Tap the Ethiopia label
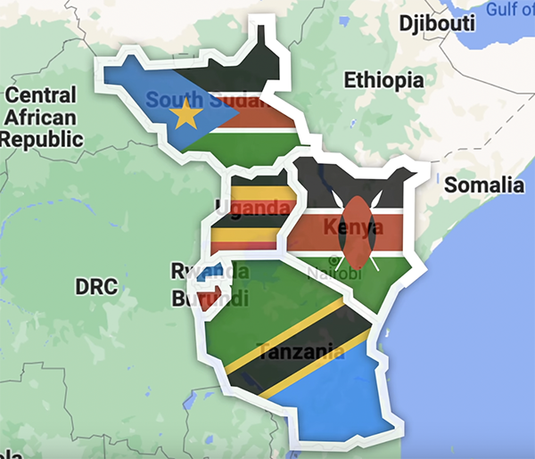coord(383,80)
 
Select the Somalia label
coord(484,185)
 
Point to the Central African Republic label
coord(42,116)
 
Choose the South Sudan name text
coord(207,100)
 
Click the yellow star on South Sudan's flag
coord(187,114)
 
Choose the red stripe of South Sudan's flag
coord(267,119)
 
